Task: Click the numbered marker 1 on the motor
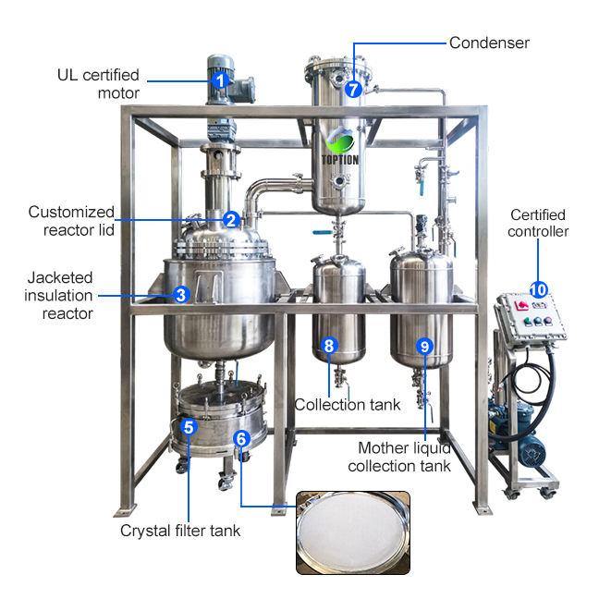(x=220, y=80)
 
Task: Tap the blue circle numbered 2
(x=231, y=220)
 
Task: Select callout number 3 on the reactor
(x=181, y=295)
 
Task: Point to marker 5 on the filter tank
(x=189, y=427)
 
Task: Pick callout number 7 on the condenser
(x=352, y=90)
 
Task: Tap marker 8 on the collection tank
(x=329, y=348)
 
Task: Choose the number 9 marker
(x=424, y=347)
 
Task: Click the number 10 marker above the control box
(x=539, y=288)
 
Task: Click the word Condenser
(x=489, y=43)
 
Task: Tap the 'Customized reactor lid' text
(x=71, y=220)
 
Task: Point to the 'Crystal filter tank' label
(x=180, y=532)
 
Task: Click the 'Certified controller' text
(x=538, y=223)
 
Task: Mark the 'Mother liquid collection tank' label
(x=398, y=457)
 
